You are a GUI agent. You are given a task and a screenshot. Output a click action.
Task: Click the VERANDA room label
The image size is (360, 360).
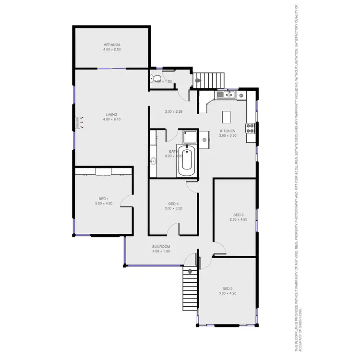(111, 45)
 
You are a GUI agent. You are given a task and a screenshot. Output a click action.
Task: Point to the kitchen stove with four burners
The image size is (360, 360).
(250, 128)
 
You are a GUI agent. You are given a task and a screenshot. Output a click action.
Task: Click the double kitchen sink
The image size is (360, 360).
(224, 95)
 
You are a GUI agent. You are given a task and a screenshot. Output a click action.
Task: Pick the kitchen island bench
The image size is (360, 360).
(227, 117)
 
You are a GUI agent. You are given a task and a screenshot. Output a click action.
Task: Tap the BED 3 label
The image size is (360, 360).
(239, 215)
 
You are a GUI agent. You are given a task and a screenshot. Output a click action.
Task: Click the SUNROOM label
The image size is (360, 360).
(161, 247)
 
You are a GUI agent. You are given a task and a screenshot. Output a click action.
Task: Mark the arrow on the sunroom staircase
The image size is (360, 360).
(190, 272)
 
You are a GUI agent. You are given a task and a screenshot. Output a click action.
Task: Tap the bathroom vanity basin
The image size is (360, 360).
(153, 161)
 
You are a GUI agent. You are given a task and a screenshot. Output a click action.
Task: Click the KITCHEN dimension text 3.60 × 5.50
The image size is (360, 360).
(228, 136)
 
